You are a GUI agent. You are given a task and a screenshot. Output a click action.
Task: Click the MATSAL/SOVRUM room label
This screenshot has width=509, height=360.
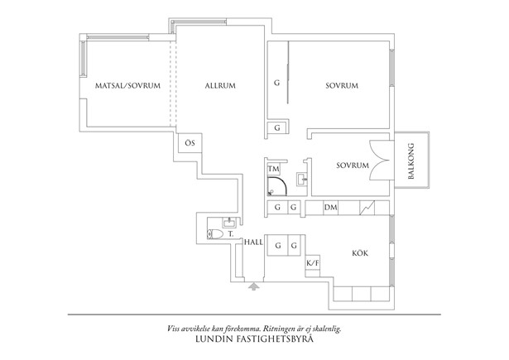coord(127,86)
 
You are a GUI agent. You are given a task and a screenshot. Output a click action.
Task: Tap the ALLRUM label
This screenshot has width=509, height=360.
coord(220,86)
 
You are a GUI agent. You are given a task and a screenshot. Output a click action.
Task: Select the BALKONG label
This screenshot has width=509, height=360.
coord(411,161)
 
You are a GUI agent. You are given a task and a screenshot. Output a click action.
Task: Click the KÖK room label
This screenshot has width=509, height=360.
coord(360,253)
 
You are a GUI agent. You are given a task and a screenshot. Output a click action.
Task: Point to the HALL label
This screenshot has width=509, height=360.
coord(254,242)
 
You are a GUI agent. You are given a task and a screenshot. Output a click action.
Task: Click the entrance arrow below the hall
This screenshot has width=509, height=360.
coord(254,286)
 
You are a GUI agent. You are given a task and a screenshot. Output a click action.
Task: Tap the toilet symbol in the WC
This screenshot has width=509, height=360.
coord(215,233)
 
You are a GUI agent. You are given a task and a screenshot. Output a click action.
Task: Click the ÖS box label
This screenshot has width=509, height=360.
coord(190,143)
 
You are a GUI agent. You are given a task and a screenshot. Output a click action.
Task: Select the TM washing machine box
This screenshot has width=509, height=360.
coord(274,169)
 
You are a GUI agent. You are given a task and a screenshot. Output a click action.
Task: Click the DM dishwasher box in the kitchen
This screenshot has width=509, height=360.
coord(330,208)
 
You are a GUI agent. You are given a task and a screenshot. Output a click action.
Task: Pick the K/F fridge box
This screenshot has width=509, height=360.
coord(313,263)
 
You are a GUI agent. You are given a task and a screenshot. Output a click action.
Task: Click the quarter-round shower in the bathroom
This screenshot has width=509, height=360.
coord(277,186)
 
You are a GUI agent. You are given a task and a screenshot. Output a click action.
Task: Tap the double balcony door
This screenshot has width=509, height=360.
coord(379,161)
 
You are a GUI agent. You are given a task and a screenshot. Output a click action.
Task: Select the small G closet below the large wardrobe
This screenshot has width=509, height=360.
coord(277,128)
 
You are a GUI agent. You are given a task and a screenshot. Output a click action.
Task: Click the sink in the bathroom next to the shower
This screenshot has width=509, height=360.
coord(302,179)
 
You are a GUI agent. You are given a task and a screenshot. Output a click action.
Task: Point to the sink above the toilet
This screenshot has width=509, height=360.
coord(229,223)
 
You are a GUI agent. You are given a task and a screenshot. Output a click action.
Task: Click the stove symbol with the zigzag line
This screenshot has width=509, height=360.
coord(367,208)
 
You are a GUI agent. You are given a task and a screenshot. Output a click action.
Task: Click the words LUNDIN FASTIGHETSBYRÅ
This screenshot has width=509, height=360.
coord(255,339)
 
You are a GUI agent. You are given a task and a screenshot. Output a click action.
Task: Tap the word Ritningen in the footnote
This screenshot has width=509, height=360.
coord(277,329)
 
